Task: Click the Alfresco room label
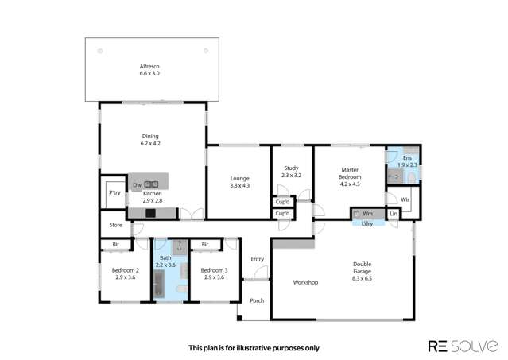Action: coord(149,67)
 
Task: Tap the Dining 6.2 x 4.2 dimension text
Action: coord(150,143)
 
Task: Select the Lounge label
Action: coord(240,178)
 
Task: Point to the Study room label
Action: coord(291,168)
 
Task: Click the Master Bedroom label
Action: coord(350,173)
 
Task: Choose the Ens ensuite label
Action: coord(407,157)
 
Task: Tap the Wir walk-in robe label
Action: coord(405,199)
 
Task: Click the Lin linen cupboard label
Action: coord(394,214)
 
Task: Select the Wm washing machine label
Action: coord(367,214)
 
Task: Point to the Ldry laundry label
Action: coord(367,223)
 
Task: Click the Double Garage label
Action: coord(363,268)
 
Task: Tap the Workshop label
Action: coord(305,282)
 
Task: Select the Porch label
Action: coord(257,300)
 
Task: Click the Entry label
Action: coord(258,259)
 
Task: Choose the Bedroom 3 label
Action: coord(214,270)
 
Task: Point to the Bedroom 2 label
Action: coord(126,270)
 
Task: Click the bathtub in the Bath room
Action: coord(159,284)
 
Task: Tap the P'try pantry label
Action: coord(114,192)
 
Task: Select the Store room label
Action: coord(115,225)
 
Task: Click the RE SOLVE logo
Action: coord(463,346)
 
